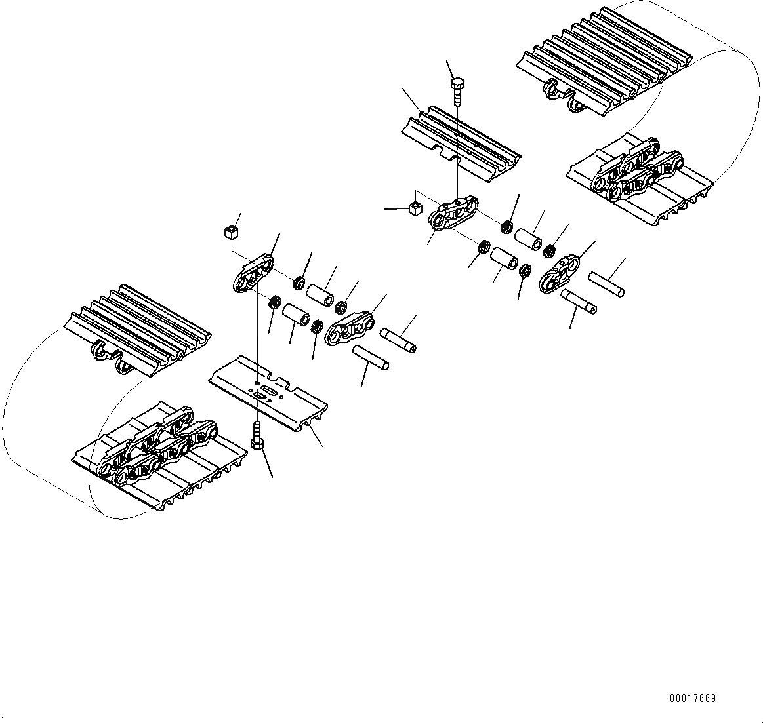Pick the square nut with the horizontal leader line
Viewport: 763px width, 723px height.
[x=415, y=208]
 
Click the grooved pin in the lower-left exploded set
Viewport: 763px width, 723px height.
[x=398, y=339]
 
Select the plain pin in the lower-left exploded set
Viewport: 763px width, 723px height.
[x=371, y=357]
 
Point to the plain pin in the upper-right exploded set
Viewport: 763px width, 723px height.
[x=606, y=284]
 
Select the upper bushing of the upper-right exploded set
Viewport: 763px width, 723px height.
[x=528, y=238]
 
